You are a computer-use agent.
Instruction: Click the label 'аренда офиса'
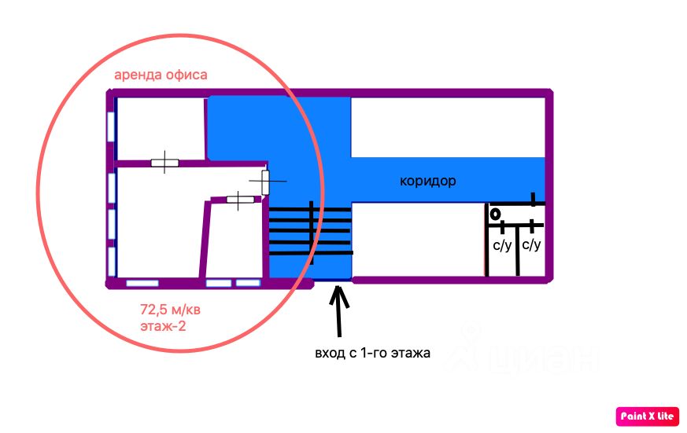[161, 75]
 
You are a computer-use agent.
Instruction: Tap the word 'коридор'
[427, 181]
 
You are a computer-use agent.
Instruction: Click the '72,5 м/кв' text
[170, 310]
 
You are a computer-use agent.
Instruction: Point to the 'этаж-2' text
[163, 326]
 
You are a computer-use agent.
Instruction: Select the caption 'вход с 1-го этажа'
[372, 353]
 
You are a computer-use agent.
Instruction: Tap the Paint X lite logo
[647, 416]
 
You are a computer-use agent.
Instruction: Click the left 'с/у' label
[502, 245]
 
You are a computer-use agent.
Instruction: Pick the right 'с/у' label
[531, 244]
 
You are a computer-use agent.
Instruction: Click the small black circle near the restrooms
[495, 215]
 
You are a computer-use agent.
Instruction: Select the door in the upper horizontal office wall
[164, 163]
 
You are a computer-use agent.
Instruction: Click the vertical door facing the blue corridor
[265, 182]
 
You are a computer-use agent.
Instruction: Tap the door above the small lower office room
[240, 200]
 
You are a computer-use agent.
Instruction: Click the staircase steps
[310, 232]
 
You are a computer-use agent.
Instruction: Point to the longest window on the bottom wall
[142, 284]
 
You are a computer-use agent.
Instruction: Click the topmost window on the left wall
[111, 127]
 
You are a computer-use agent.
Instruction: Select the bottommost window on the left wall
[111, 262]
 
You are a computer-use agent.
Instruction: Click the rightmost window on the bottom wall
[248, 283]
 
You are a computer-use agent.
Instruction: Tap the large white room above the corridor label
[448, 127]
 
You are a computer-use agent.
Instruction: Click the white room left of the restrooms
[419, 239]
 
